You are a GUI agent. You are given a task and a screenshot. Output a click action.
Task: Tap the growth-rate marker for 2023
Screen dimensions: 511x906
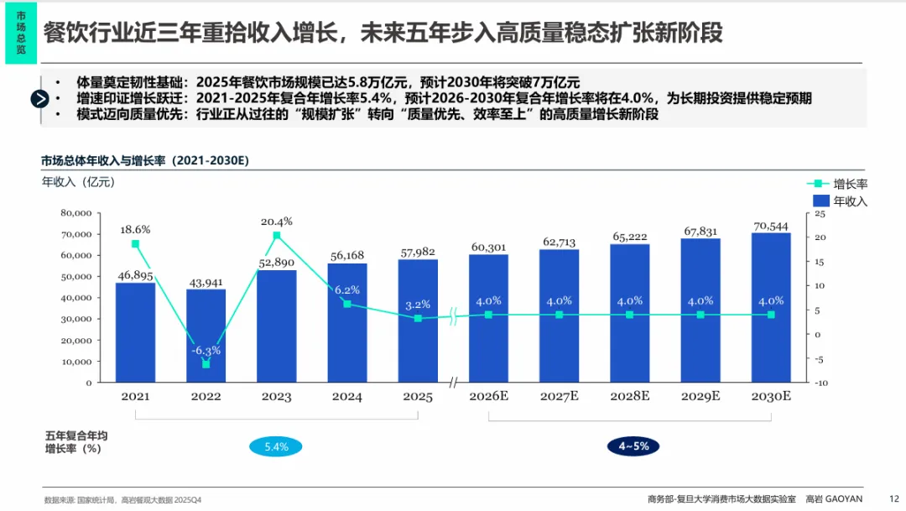point(277,236)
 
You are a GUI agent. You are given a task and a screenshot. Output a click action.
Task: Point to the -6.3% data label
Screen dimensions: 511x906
point(206,351)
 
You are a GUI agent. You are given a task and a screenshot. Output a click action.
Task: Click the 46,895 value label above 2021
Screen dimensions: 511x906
point(135,274)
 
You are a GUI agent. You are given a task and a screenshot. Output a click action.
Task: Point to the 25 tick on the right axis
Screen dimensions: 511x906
point(821,213)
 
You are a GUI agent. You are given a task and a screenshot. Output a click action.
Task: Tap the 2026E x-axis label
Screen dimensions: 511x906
point(488,396)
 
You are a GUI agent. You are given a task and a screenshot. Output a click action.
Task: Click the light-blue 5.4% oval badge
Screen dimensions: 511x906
point(276,446)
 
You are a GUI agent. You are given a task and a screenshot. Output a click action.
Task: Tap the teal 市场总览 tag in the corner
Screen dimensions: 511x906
point(21,33)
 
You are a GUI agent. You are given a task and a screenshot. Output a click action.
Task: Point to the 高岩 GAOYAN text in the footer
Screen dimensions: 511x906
point(834,498)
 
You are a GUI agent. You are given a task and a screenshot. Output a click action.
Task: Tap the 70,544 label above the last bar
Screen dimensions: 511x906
point(771,227)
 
